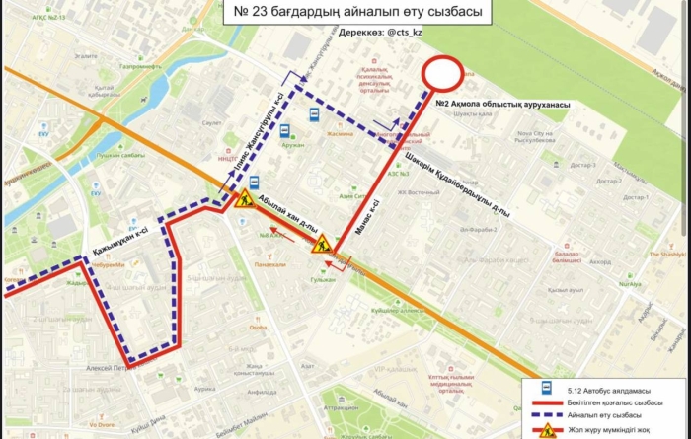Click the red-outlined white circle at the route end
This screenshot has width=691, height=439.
[443, 74]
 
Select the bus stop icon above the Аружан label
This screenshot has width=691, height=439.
[285, 130]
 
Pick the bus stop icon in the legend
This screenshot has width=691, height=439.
[544, 391]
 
